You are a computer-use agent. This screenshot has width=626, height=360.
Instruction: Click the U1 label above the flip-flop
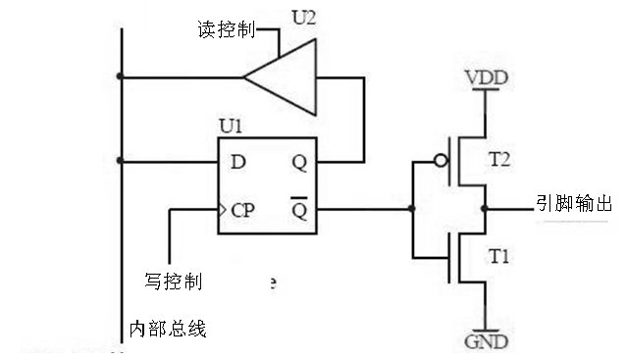232,129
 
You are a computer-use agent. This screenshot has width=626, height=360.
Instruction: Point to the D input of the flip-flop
238,161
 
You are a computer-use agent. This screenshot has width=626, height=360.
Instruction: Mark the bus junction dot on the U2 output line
120,76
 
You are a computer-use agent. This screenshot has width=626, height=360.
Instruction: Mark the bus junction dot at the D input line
120,161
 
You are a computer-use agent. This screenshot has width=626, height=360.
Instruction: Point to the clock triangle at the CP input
223,209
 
